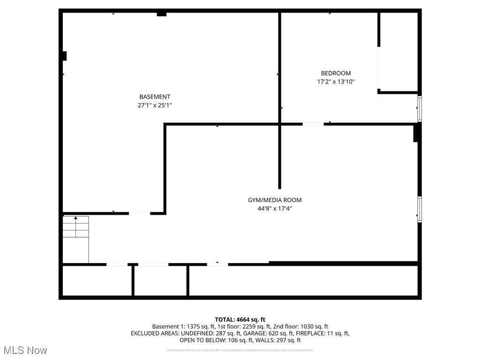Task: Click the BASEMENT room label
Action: (155, 97)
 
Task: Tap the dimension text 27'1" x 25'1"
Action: (155, 106)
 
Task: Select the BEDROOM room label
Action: (336, 73)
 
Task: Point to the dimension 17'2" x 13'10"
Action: (336, 82)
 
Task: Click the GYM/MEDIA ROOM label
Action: (275, 200)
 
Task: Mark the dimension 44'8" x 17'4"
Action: (275, 209)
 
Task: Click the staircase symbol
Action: (76, 239)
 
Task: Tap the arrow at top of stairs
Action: (76, 218)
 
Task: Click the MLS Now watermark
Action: (25, 350)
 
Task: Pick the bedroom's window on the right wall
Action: (420, 109)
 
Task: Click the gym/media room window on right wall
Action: (420, 209)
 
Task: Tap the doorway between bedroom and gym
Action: (313, 124)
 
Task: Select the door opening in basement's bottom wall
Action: (139, 213)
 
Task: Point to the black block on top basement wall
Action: (161, 14)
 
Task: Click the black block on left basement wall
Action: (64, 56)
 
